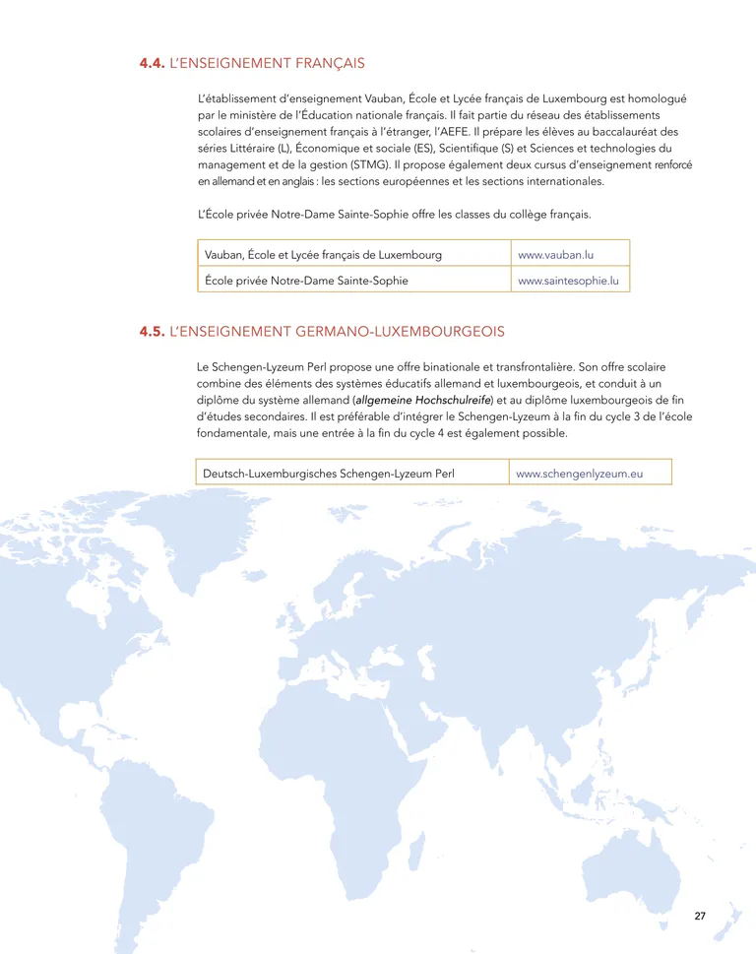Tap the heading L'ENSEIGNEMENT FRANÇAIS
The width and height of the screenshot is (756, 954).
267,64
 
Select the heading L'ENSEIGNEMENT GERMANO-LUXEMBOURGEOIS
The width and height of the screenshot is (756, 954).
337,333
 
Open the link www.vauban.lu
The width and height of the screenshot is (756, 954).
555,255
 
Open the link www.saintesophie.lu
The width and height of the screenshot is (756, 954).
568,281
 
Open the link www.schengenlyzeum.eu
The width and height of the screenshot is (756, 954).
579,474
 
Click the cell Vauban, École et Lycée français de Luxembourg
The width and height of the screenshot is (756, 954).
323,255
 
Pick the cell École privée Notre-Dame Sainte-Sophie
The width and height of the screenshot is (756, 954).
306,281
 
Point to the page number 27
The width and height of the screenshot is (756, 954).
700,917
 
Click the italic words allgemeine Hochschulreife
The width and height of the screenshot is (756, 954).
423,401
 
